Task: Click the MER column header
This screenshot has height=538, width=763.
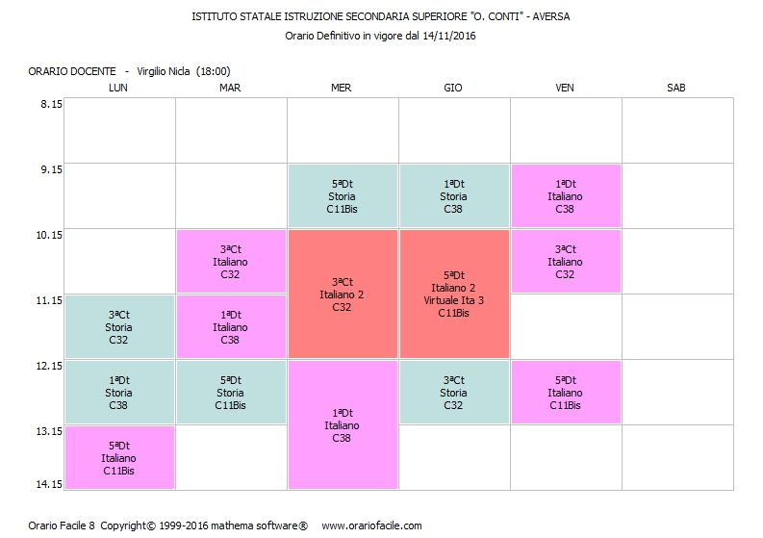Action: click(x=341, y=88)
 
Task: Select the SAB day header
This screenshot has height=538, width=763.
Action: click(x=675, y=88)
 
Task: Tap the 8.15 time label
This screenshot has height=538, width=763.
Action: click(x=50, y=104)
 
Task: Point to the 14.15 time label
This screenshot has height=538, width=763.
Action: click(x=50, y=484)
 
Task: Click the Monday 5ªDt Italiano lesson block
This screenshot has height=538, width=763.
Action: click(x=118, y=458)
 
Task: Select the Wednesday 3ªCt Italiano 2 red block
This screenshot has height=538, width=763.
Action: click(x=342, y=295)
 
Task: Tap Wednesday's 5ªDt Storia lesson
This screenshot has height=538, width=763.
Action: click(x=342, y=196)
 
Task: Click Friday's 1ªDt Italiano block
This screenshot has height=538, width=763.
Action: click(x=565, y=196)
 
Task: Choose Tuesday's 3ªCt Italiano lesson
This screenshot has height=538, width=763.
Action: click(x=230, y=262)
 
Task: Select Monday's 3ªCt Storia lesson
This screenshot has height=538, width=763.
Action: click(x=118, y=327)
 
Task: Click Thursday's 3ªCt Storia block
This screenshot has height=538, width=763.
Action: click(x=453, y=393)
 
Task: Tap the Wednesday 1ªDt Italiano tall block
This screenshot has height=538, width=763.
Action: click(x=342, y=425)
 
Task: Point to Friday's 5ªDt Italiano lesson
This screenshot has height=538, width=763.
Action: click(x=565, y=393)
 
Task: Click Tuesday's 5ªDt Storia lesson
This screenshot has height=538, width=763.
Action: click(x=230, y=393)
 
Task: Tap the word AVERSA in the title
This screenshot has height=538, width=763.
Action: click(x=559, y=16)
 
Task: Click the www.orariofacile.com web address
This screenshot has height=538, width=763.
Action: click(x=371, y=525)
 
